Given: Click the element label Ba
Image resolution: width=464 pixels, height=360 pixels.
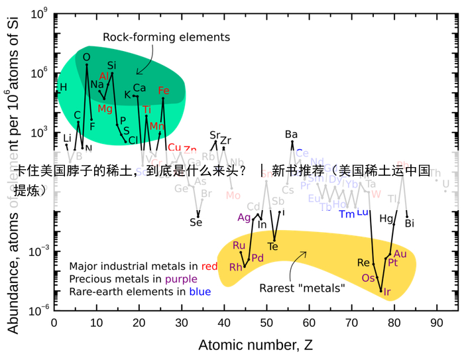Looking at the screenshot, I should pos(292,135).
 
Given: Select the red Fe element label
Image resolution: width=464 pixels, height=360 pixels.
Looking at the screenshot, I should pos(164,91).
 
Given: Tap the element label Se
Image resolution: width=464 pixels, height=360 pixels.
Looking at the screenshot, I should pos(196,222).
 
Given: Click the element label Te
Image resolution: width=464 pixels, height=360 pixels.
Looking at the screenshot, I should pos(272,247).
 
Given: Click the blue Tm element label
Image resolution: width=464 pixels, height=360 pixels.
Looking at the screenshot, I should pos(347,213).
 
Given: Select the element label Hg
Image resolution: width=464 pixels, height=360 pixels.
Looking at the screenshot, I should pos(386,217).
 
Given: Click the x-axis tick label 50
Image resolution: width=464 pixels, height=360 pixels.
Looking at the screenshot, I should pos(266,323).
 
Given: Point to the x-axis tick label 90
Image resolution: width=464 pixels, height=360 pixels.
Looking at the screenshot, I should pos(436,323).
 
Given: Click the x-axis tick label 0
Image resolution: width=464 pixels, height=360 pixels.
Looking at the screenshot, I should pos(54,323).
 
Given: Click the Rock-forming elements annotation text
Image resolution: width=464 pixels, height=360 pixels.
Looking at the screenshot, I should pos(166,37).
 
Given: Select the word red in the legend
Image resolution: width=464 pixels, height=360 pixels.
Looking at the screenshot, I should pos(210,266).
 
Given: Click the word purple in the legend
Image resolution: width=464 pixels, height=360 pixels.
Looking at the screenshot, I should pos(182,278).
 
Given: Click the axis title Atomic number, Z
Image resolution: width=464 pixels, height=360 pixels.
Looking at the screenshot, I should pos(256,345).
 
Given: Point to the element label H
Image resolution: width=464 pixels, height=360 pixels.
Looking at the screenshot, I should pos(64,87).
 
